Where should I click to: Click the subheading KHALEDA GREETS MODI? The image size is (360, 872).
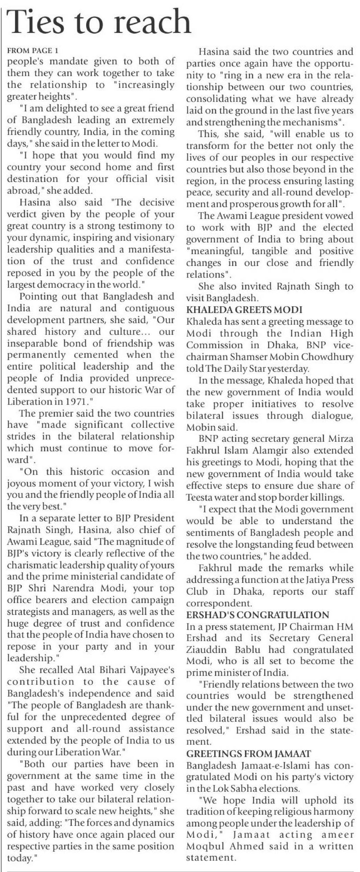tap(244, 310)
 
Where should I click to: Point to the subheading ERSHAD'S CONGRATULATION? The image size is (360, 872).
tap(258, 615)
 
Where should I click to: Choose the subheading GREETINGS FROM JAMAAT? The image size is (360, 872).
tap(248, 754)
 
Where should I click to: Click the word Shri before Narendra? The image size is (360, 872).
tap(43, 588)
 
